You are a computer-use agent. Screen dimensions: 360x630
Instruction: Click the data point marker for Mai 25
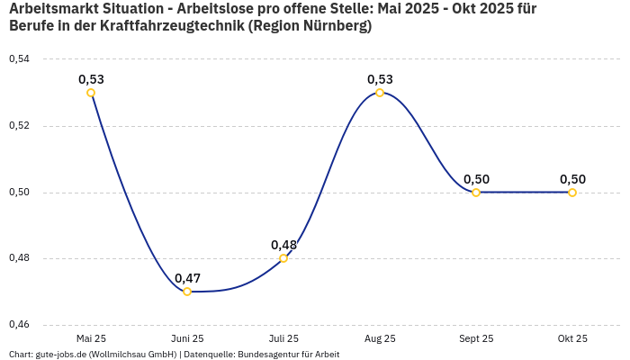click(x=91, y=93)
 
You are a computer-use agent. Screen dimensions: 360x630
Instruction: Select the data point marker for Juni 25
click(x=187, y=292)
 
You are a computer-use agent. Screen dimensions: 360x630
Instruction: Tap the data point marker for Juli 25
click(x=283, y=258)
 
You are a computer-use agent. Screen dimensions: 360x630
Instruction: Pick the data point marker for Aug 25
click(x=380, y=93)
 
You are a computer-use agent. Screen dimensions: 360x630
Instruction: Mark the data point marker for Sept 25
click(x=476, y=193)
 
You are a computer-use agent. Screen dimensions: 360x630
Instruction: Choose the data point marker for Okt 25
click(x=572, y=193)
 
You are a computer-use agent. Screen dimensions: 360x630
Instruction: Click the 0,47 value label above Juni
click(x=187, y=278)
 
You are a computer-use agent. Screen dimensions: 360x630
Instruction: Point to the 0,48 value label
click(x=283, y=245)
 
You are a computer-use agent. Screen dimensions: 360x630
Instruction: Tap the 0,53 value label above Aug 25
click(x=380, y=79)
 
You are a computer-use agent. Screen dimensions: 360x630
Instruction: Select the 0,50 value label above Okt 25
click(x=572, y=179)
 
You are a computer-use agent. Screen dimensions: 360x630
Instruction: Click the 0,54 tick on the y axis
click(x=19, y=59)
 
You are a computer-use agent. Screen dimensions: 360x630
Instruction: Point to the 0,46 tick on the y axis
click(x=19, y=325)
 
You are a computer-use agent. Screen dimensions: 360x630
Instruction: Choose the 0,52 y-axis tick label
click(x=19, y=126)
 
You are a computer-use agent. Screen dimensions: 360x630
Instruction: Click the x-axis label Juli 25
click(x=283, y=339)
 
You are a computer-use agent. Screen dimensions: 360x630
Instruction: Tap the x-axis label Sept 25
click(x=476, y=339)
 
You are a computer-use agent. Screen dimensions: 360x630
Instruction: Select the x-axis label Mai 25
click(x=91, y=339)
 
